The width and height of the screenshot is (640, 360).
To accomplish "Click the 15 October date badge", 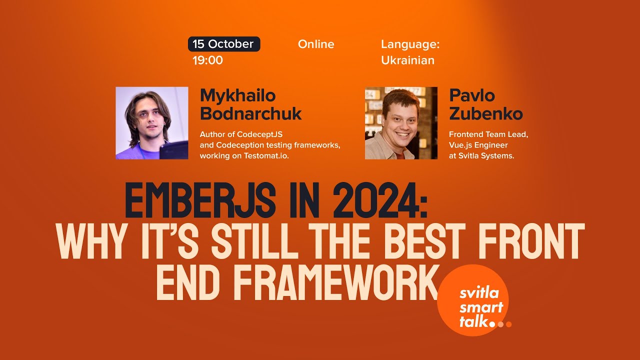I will [223, 44].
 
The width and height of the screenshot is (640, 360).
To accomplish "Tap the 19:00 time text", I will [207, 60].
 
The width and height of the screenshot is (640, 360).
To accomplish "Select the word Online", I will [316, 44].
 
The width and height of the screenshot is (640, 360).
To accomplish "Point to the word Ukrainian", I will [407, 60].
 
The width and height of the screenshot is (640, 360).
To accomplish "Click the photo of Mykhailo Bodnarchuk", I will [152, 123].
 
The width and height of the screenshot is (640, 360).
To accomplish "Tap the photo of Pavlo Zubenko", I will [401, 123].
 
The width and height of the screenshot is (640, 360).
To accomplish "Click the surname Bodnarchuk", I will [250, 114].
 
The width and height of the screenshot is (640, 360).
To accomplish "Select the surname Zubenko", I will [485, 114].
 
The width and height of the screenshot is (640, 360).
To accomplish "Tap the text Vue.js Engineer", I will [478, 145].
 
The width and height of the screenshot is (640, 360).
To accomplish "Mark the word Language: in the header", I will [410, 44].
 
